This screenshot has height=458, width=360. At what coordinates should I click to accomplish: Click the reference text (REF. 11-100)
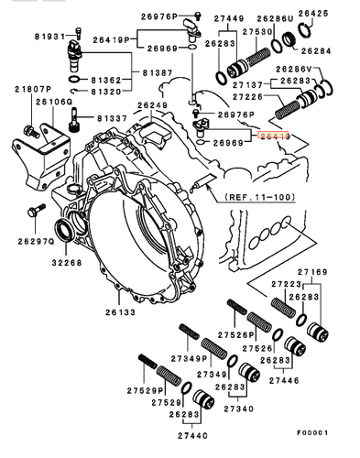click(x=245, y=195)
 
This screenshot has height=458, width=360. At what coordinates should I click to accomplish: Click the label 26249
click(x=152, y=105)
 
